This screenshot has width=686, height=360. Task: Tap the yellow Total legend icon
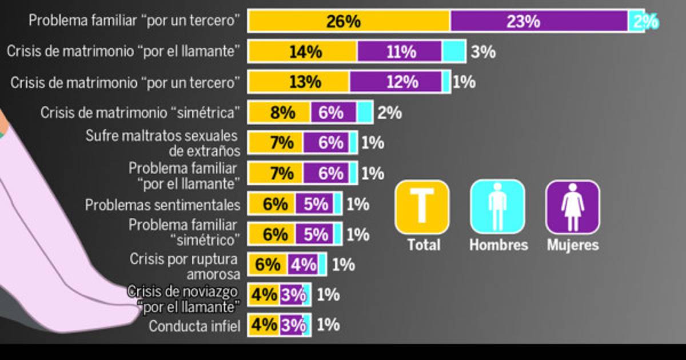(422, 207)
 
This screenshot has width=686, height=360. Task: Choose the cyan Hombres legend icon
(497, 207)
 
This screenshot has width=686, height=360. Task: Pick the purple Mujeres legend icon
(572, 207)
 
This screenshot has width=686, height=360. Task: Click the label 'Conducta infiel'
(194, 326)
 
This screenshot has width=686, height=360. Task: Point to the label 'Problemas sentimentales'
(163, 205)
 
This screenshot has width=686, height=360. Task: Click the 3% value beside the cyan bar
(483, 52)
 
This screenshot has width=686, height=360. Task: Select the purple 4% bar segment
(303, 265)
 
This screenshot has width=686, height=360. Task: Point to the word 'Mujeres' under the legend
(572, 245)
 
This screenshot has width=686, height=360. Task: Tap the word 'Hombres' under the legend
(498, 245)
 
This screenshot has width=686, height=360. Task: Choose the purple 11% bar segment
(400, 51)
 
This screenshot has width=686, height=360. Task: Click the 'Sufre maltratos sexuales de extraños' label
(162, 143)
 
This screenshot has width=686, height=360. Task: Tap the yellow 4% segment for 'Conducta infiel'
(264, 325)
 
